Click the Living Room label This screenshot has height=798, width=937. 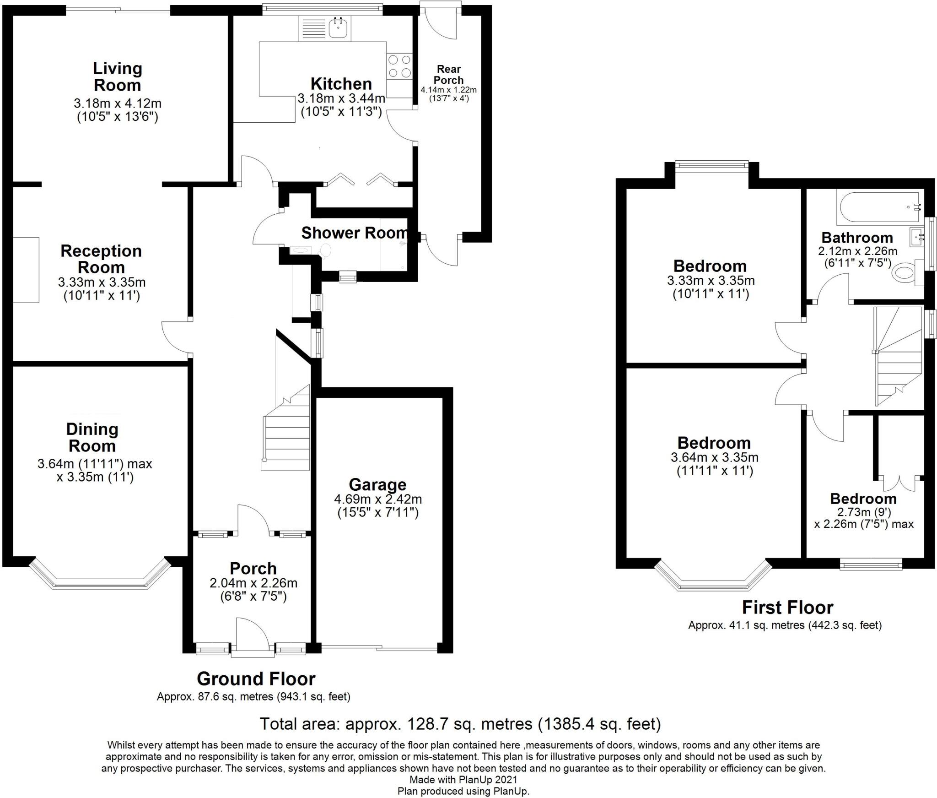[x=118, y=77]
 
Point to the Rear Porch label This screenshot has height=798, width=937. [x=448, y=75]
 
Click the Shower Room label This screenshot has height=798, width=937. [x=354, y=233]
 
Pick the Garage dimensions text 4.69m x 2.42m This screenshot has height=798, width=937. [x=378, y=499]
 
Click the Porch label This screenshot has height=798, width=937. [x=253, y=568]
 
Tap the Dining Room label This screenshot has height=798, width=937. [x=92, y=437]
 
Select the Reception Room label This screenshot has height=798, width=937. [x=101, y=259]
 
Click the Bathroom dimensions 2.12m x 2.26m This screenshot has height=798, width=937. [x=857, y=251]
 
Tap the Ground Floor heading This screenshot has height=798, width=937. [x=256, y=678]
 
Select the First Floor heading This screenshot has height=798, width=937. [x=787, y=607]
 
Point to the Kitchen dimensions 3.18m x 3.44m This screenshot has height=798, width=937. [x=341, y=98]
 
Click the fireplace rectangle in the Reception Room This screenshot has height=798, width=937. [x=26, y=270]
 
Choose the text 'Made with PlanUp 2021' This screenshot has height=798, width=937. [x=463, y=779]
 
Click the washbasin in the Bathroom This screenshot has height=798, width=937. [x=916, y=237]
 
